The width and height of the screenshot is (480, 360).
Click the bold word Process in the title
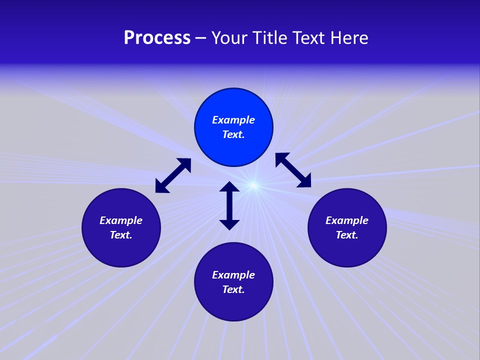(x=157, y=38)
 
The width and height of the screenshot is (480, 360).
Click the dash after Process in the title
(x=200, y=38)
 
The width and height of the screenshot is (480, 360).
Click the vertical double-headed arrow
(x=229, y=205)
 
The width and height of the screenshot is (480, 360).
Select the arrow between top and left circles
(x=173, y=175)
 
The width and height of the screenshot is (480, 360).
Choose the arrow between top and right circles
(x=293, y=170)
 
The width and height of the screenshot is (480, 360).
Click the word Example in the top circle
(x=233, y=120)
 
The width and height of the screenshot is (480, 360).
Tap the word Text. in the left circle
(x=121, y=235)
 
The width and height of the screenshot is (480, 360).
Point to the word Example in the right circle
(x=347, y=220)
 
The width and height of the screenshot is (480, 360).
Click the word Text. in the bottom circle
(x=233, y=289)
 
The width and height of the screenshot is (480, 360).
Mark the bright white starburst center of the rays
(x=253, y=186)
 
